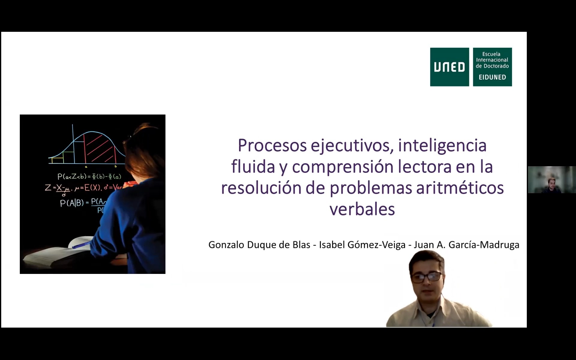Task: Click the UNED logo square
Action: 449,67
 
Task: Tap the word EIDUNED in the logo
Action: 492,77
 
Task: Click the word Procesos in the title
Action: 272,145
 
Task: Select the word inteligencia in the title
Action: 442,146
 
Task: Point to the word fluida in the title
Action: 253,166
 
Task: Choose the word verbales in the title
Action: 362,209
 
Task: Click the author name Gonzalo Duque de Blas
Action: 259,245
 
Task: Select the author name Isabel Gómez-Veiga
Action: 362,245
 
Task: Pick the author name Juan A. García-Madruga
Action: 466,245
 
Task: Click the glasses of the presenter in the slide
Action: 427,277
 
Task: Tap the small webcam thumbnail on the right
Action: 552,180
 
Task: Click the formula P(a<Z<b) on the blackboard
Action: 89,176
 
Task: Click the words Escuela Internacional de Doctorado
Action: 492,60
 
